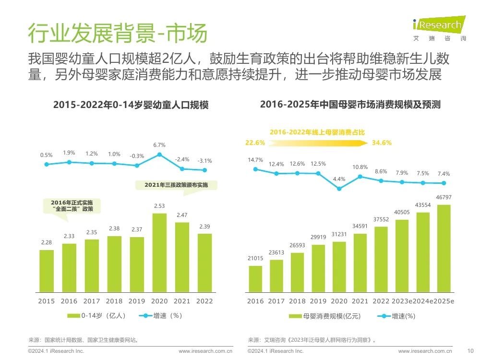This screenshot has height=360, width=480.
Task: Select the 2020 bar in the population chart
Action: [x=159, y=252]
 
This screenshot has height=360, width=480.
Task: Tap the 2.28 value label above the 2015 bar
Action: [x=47, y=242]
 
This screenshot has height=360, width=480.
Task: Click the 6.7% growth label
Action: [x=159, y=145]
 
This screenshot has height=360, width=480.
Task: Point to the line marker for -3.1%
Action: [x=204, y=170]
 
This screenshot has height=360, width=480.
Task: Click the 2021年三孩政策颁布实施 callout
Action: [x=176, y=186]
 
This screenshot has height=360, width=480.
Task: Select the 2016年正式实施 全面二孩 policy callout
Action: [x=72, y=208]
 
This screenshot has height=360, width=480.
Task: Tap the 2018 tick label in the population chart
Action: [x=114, y=301]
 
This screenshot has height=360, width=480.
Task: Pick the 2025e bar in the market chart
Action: [x=444, y=248]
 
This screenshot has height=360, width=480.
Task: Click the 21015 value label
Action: [x=255, y=258]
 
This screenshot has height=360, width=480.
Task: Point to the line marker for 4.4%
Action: [x=339, y=189]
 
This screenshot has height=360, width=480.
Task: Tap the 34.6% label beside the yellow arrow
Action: [x=382, y=143]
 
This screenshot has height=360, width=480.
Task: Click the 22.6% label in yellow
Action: [x=255, y=143]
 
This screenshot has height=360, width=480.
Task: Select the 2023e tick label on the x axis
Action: [x=402, y=301]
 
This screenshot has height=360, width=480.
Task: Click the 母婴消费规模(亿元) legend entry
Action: [x=325, y=316]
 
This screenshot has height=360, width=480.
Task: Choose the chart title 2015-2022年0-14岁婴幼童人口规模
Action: [x=131, y=105]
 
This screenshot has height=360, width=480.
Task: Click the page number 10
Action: [x=470, y=351]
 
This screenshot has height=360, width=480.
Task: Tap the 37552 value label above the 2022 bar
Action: [x=381, y=219]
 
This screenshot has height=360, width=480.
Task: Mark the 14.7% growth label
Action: [x=255, y=160]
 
